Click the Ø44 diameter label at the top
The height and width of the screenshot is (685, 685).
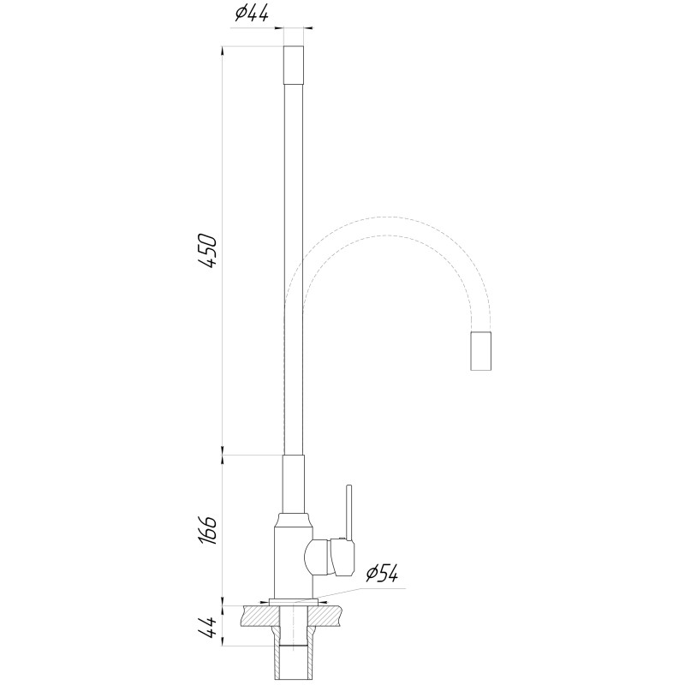click(253, 13)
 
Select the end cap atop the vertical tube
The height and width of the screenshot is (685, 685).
click(294, 64)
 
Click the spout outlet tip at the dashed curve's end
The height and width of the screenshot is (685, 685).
click(482, 350)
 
